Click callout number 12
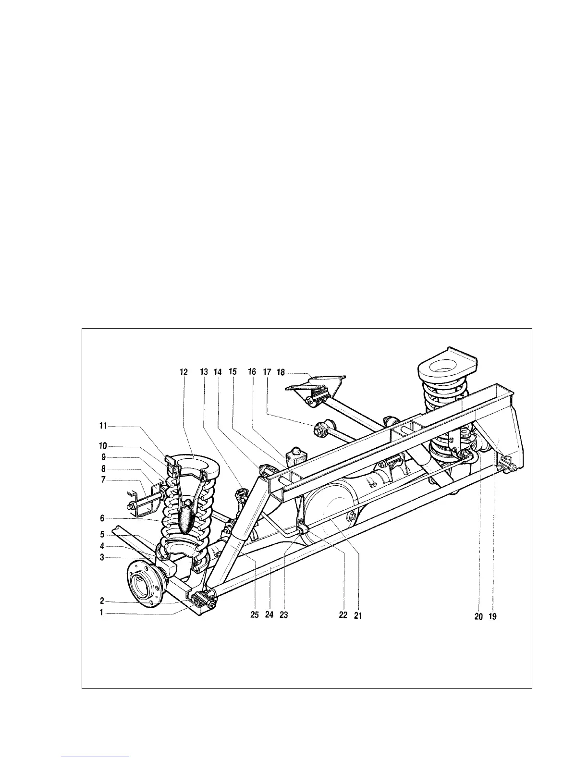click(184, 372)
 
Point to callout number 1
click(101, 613)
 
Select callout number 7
click(101, 480)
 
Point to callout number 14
click(218, 372)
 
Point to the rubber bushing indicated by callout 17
click(321, 428)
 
